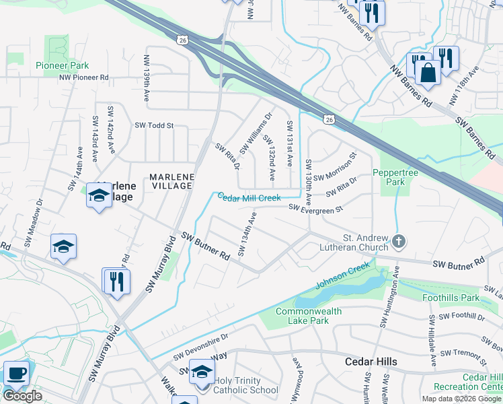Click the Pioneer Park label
(x=62, y=66)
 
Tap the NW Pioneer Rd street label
(x=83, y=77)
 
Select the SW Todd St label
(x=154, y=125)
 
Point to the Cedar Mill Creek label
(x=248, y=197)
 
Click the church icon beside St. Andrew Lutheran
(x=399, y=241)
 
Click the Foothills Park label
(x=451, y=297)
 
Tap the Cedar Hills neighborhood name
(x=371, y=362)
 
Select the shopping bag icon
(x=427, y=71)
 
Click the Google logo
(x=22, y=396)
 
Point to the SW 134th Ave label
(x=247, y=235)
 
